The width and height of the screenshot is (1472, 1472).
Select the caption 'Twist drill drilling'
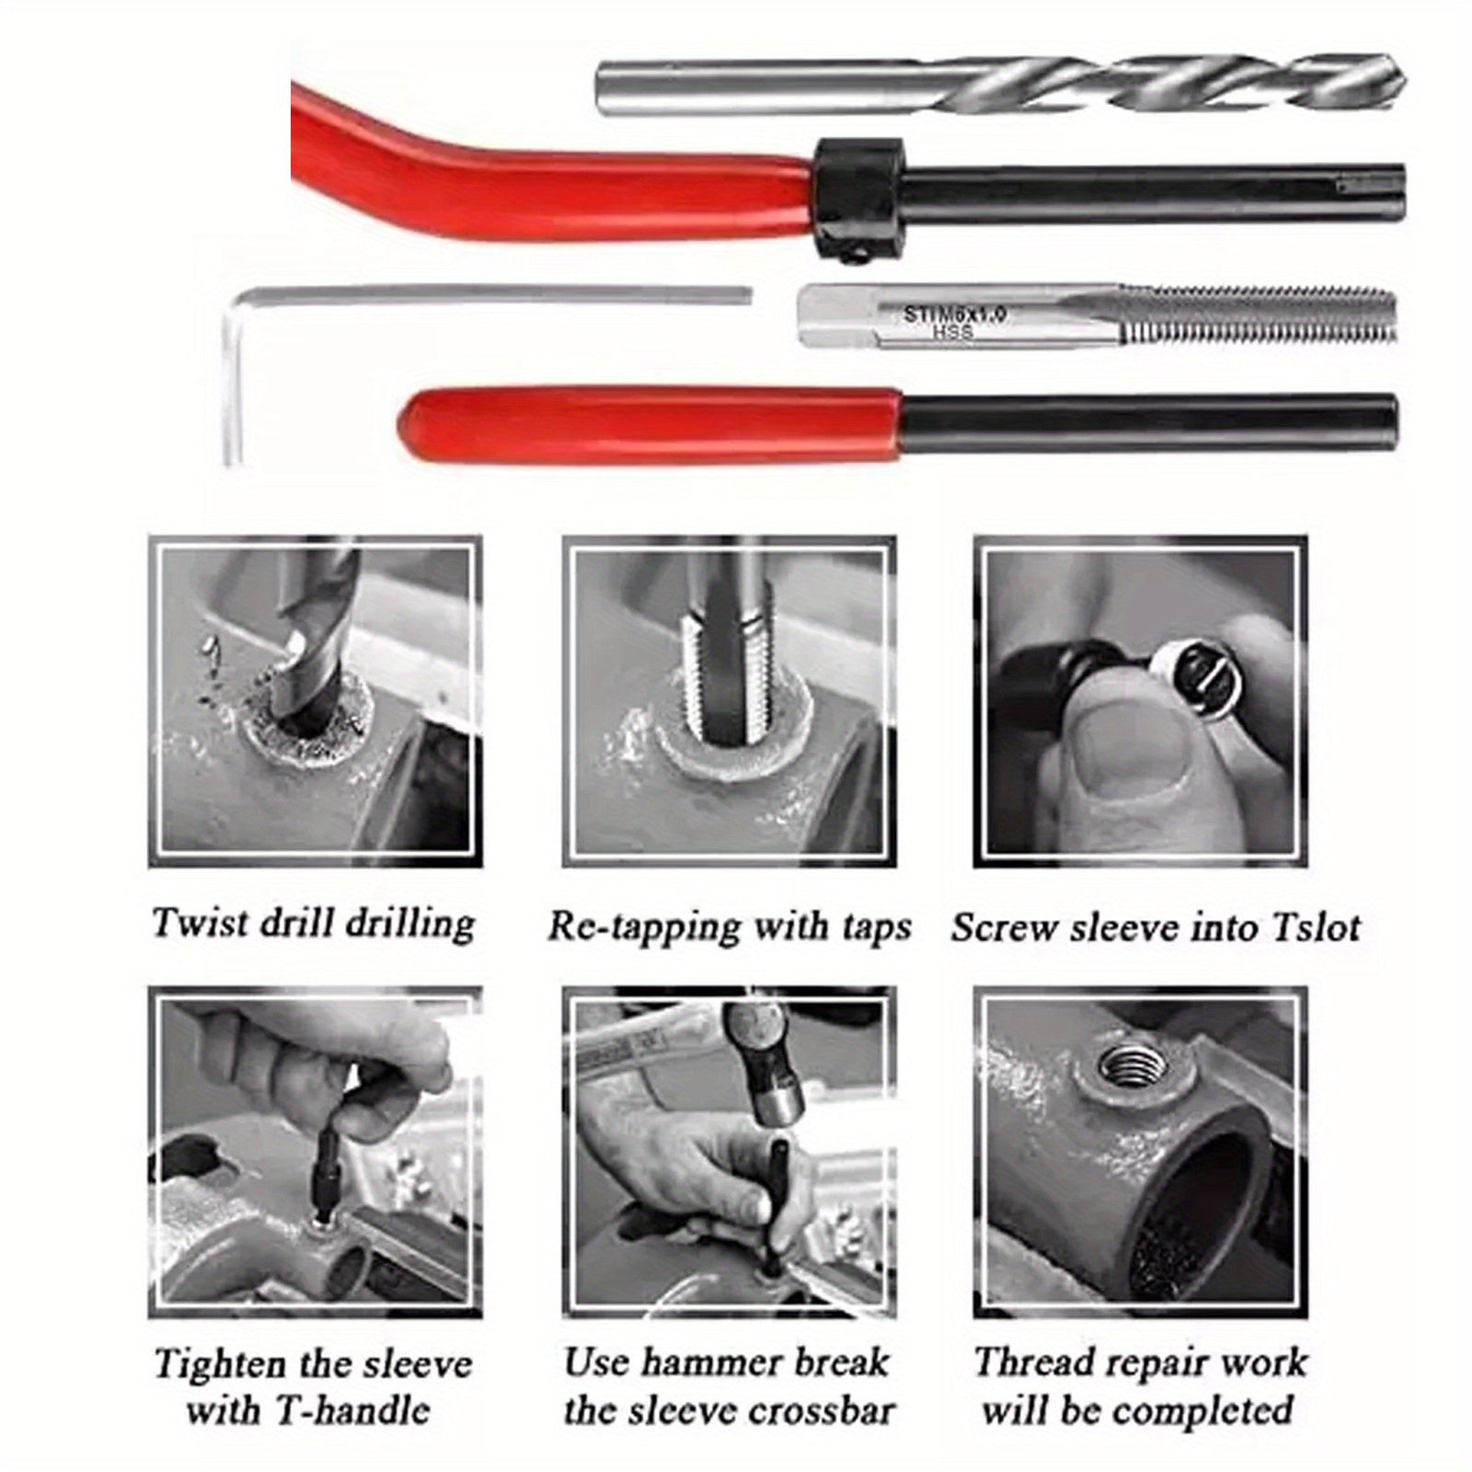point(313,924)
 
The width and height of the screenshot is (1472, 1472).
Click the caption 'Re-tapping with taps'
point(729,926)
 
